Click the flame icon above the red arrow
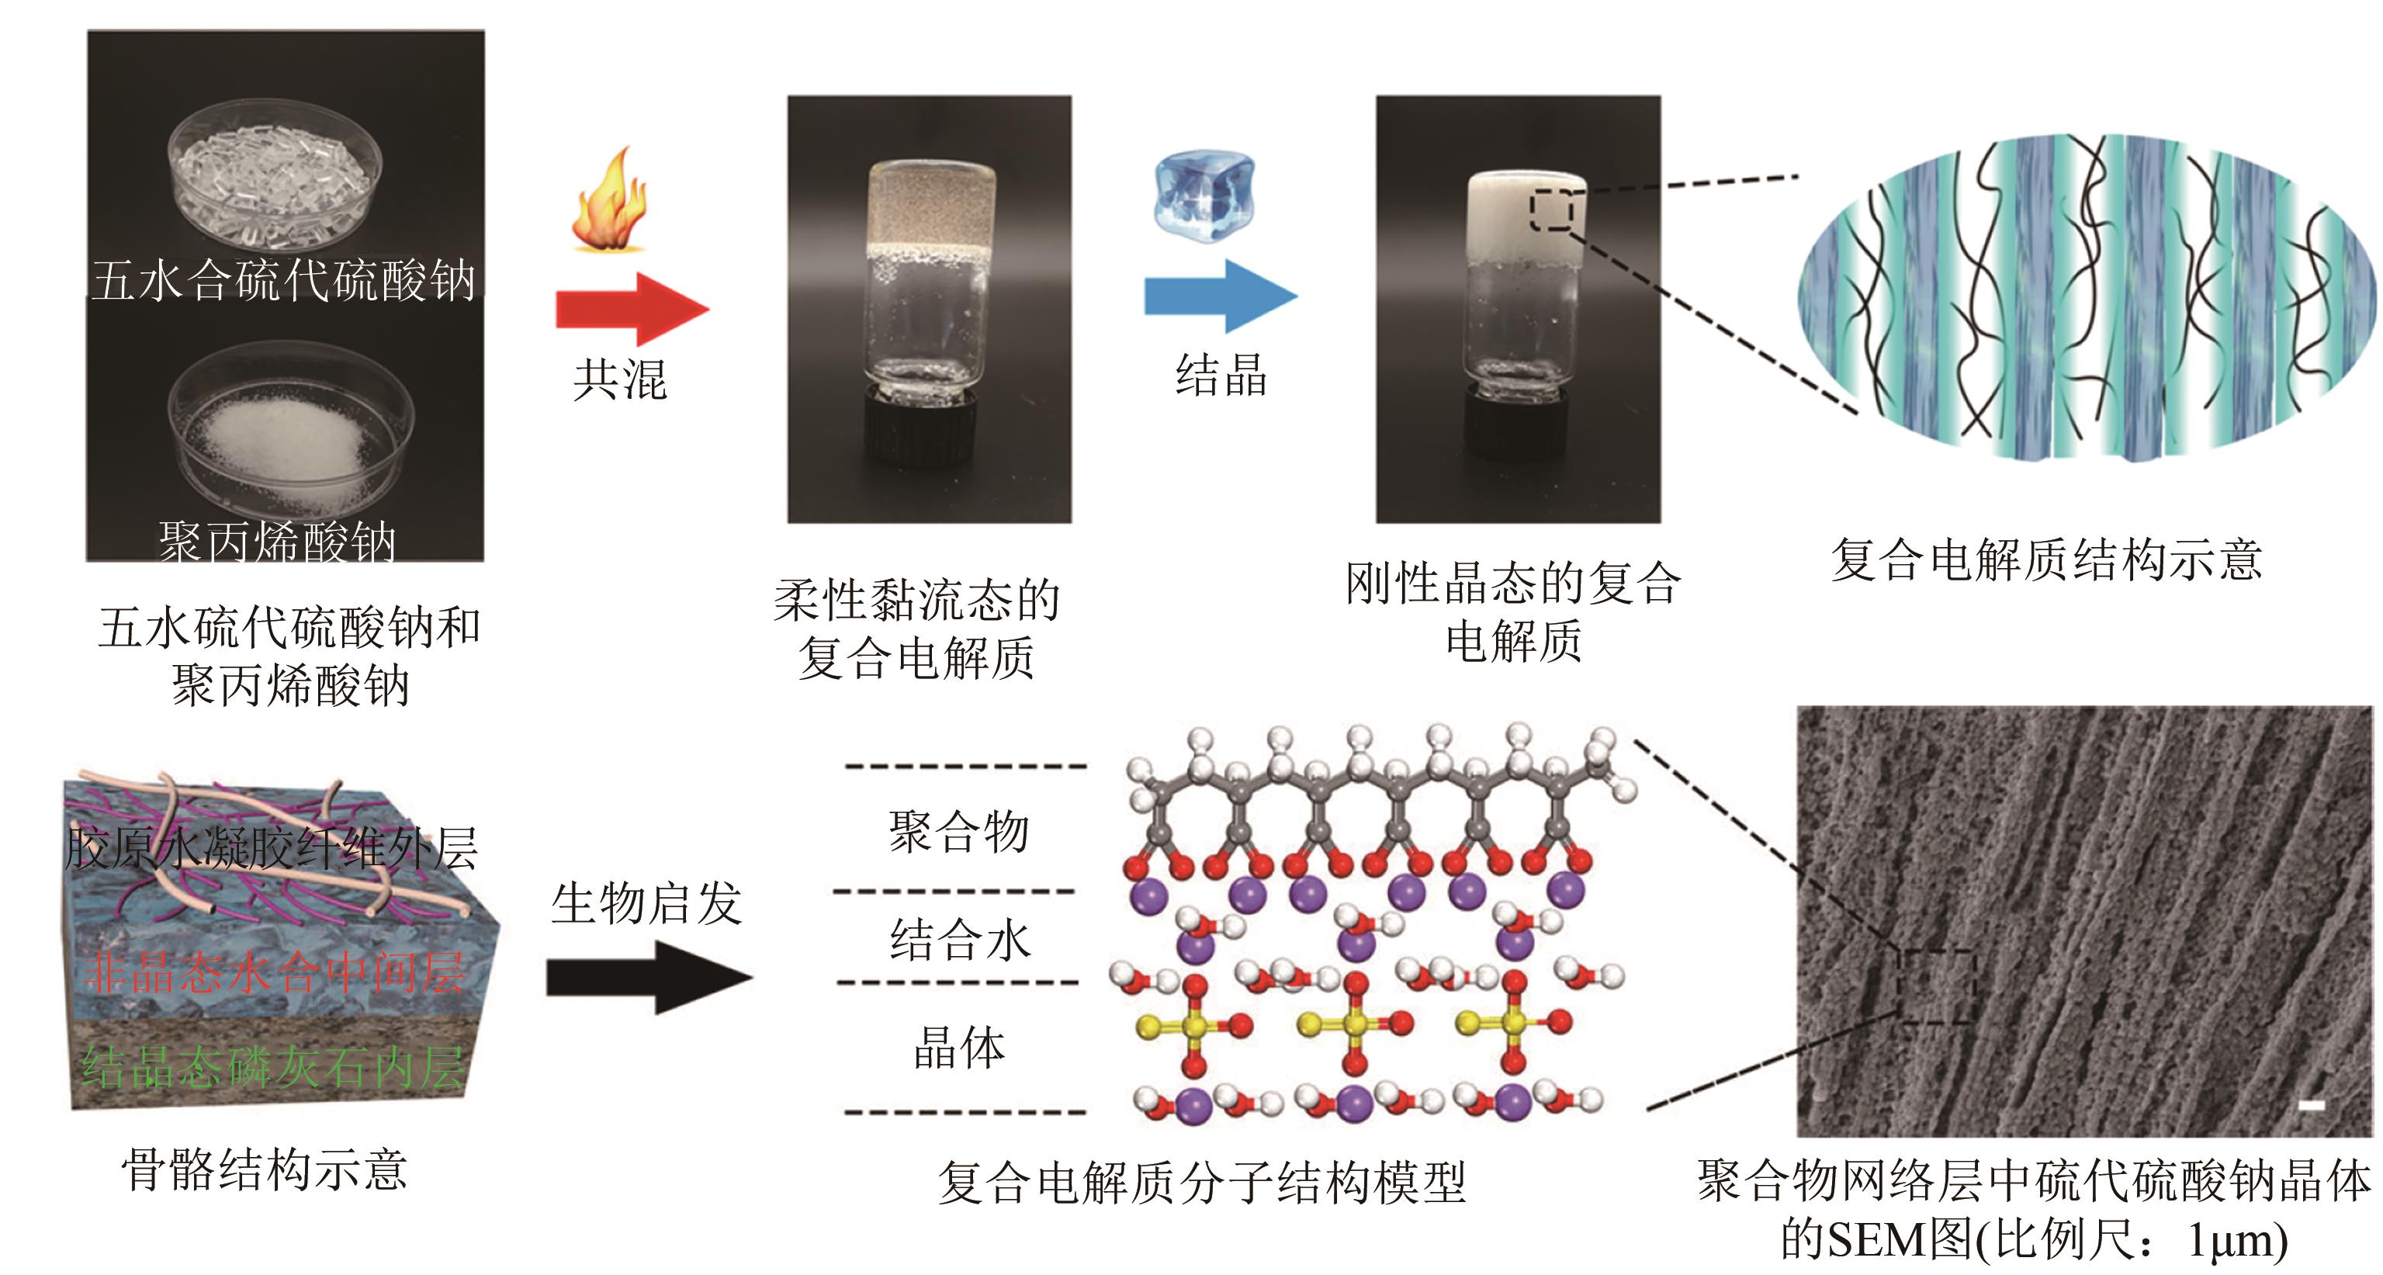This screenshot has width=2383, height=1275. [608, 200]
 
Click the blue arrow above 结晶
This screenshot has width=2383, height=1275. [1220, 296]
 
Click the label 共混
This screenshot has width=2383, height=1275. [620, 379]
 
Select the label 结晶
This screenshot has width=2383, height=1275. [1221, 376]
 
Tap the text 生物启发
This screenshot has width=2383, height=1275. [646, 903]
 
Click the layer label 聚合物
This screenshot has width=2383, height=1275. [958, 831]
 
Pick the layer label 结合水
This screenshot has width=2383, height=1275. [959, 940]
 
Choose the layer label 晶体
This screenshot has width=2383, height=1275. [959, 1048]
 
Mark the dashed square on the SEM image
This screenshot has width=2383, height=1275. [1936, 986]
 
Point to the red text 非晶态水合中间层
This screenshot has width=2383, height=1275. [274, 973]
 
